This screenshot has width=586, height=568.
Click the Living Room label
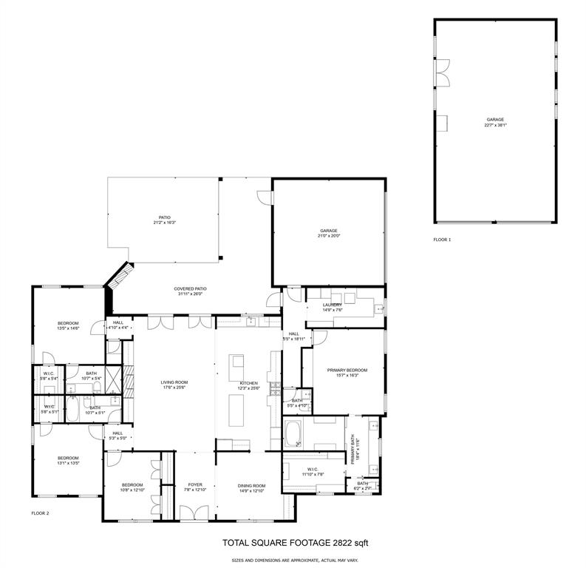point(175,382)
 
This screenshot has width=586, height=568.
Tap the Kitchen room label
point(248,383)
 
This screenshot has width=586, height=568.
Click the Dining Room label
point(251,485)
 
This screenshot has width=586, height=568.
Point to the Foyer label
point(194,485)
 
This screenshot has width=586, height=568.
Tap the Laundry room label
point(332,305)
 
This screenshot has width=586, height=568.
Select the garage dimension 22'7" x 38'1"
point(495,125)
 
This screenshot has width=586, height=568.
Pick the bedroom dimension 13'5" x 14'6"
point(69,328)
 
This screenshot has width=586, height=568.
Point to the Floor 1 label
point(442,240)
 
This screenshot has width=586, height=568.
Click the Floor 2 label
point(40,513)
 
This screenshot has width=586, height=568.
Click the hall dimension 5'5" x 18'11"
point(294,339)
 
